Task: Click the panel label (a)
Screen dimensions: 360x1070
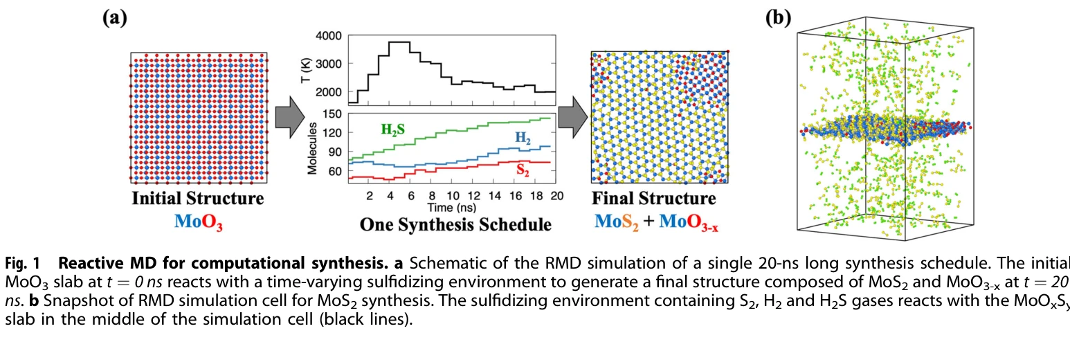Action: tap(115, 19)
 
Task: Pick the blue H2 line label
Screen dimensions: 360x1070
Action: tap(523, 138)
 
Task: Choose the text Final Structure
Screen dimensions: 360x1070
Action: tap(654, 199)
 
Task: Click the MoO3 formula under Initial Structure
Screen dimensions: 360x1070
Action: tap(199, 222)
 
